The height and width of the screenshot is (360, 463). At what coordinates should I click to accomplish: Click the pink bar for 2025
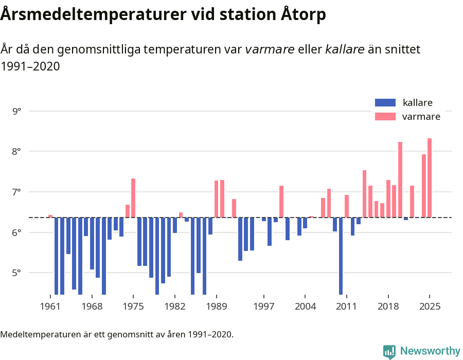(430, 178)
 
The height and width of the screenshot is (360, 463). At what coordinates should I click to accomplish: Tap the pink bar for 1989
(217, 199)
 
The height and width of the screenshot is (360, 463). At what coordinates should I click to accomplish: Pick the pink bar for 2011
(347, 206)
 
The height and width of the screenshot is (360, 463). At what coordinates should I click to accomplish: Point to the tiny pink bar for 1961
(50, 216)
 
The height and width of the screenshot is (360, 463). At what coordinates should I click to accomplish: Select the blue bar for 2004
(305, 223)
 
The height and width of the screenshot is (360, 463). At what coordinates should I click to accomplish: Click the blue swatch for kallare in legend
(385, 102)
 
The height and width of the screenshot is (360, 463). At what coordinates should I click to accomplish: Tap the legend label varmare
(421, 117)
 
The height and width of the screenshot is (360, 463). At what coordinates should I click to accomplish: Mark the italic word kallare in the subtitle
(345, 49)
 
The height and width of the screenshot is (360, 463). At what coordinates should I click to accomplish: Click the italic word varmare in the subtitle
(270, 49)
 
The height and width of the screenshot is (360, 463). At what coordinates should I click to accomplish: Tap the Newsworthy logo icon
(389, 351)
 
